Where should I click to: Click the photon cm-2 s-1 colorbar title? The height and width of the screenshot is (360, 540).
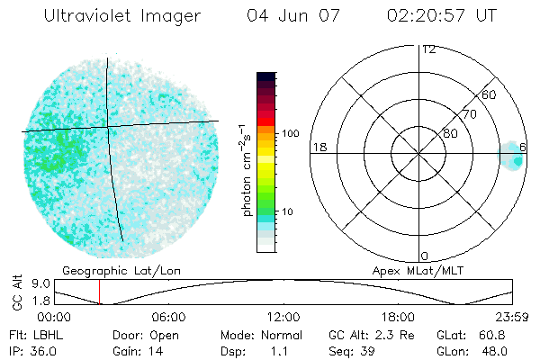246,169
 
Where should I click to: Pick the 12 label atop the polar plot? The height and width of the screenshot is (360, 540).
428,49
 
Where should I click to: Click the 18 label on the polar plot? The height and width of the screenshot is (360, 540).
318,147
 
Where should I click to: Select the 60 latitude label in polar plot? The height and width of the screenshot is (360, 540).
490,94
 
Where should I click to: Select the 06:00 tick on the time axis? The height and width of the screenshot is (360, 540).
168,317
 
